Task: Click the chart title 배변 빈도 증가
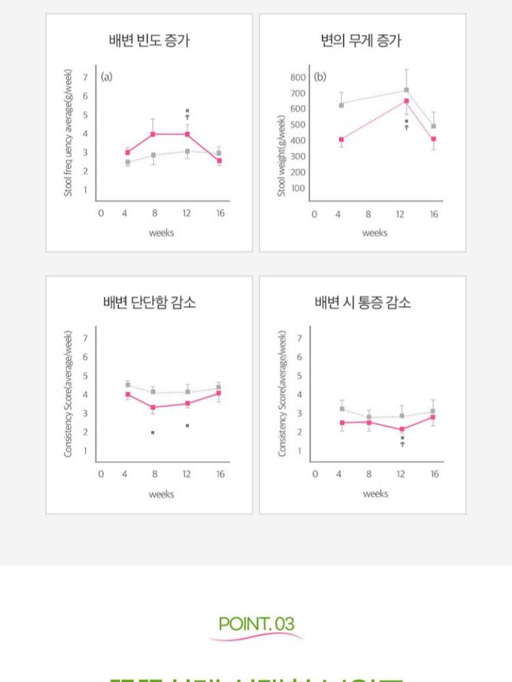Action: click(x=150, y=40)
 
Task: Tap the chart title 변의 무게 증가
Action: click(x=362, y=40)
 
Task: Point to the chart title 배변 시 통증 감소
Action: click(x=362, y=302)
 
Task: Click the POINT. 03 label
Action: click(x=256, y=623)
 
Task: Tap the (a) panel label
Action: click(x=106, y=76)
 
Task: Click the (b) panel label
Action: click(x=319, y=76)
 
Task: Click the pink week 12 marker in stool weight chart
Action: click(x=406, y=101)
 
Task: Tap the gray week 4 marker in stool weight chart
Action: click(x=341, y=105)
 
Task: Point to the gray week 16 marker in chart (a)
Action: click(x=218, y=153)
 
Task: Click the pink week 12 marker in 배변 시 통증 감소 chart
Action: click(x=402, y=429)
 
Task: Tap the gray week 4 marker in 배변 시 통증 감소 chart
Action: click(x=341, y=409)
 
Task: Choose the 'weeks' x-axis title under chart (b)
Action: click(x=375, y=233)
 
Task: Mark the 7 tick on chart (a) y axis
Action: click(x=85, y=77)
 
